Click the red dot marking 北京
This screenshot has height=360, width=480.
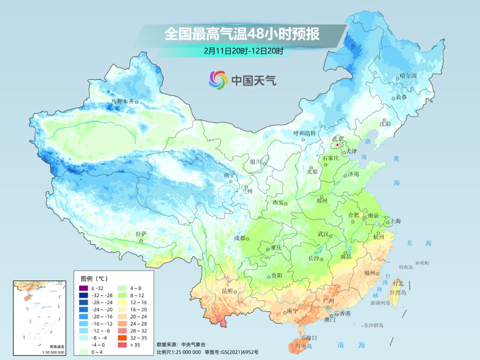(337, 145)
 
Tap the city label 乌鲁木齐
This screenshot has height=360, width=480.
(122, 102)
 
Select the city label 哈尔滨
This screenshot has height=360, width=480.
(408, 76)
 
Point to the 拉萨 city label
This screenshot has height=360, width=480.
(141, 234)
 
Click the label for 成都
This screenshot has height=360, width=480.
(239, 238)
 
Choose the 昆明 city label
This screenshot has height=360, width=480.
(227, 291)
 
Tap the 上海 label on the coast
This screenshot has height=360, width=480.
(395, 221)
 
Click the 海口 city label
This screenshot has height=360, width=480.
(311, 338)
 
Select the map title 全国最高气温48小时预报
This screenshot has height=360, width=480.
(242, 34)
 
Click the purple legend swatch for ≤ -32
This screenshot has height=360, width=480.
(83, 288)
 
